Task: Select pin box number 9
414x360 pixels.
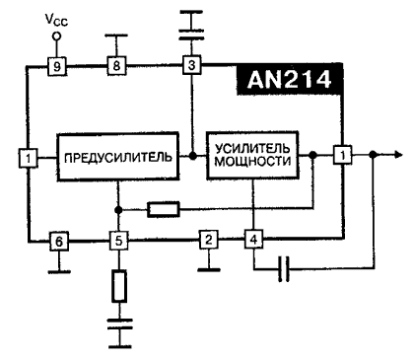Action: (58, 66)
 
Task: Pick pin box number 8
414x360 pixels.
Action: (117, 66)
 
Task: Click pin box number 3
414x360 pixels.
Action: (192, 66)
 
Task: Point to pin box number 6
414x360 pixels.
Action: (58, 241)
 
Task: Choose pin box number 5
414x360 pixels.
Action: (117, 241)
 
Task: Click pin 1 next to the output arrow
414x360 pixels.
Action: (341, 155)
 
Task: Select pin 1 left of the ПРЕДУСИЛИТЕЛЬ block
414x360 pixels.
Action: (29, 155)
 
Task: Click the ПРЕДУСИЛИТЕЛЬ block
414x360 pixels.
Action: (117, 156)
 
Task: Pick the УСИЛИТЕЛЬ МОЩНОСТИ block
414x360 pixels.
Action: (252, 156)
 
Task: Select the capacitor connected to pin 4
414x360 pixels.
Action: (285, 268)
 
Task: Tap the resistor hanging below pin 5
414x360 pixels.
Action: (117, 286)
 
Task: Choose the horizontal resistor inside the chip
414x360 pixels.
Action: (163, 209)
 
